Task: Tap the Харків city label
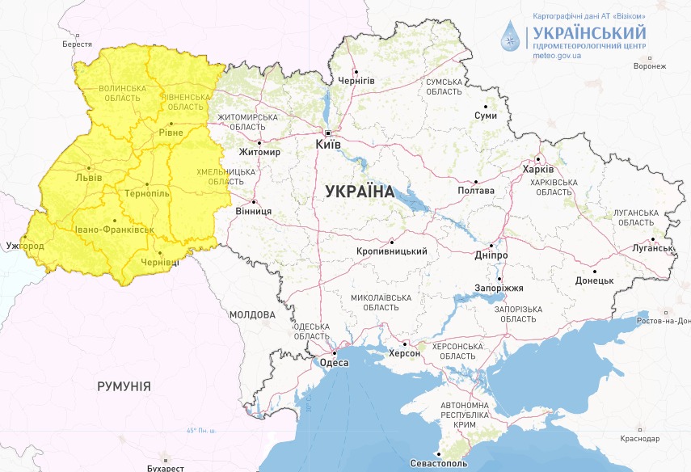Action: point(538,170)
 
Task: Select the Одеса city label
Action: point(334,363)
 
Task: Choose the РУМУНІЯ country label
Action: point(124,386)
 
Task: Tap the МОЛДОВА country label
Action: point(252,314)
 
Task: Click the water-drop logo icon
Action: point(511,36)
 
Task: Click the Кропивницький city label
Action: point(391,252)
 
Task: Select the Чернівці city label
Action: point(160,263)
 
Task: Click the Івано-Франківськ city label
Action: point(114,230)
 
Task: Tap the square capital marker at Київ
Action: point(327,132)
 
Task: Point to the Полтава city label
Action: point(476,191)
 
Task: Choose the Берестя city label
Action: point(77,44)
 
